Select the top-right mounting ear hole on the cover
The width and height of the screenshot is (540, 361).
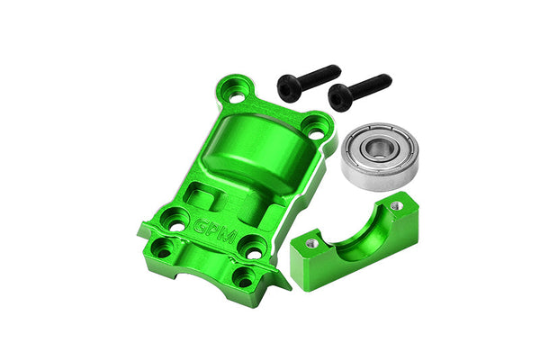[316, 127]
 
